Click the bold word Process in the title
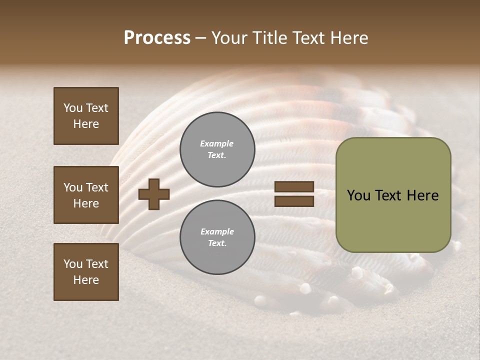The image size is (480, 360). pyautogui.click(x=157, y=38)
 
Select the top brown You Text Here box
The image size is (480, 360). pyautogui.click(x=86, y=116)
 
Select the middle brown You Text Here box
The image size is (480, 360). pyautogui.click(x=86, y=195)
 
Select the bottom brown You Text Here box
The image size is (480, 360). pyautogui.click(x=86, y=271)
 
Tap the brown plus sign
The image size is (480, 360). pyautogui.click(x=154, y=194)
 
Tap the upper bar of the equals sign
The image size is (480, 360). pyautogui.click(x=294, y=187)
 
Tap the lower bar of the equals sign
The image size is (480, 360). pyautogui.click(x=294, y=201)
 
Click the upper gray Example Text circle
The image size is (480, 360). pyautogui.click(x=217, y=149)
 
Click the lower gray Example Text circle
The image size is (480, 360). pyautogui.click(x=217, y=237)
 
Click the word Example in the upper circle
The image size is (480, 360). pyautogui.click(x=216, y=143)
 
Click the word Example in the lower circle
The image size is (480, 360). pyautogui.click(x=216, y=231)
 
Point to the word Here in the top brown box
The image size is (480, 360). pyautogui.click(x=86, y=124)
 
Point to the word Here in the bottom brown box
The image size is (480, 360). pyautogui.click(x=86, y=280)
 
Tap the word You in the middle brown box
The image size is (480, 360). pyautogui.click(x=73, y=187)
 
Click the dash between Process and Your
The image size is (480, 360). pyautogui.click(x=200, y=38)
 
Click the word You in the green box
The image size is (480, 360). pyautogui.click(x=358, y=195)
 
